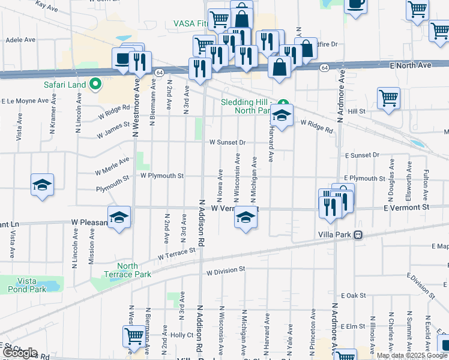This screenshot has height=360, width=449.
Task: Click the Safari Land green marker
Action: coord(94,85)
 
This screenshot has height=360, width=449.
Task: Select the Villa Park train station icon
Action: coord(358,235)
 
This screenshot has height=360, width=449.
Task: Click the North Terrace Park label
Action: coord(127,270)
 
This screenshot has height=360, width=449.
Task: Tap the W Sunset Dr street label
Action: coord(228,143)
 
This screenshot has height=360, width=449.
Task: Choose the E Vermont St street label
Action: coord(407,207)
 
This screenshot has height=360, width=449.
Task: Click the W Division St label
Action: coord(225,271)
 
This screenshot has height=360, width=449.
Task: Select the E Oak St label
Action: coord(353,296)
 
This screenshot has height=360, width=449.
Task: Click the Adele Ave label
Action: coord(20,40)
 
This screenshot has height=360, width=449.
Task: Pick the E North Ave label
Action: coord(410,65)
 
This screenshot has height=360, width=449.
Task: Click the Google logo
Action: coord(19,353)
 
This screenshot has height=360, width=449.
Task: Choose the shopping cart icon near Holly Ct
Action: coord(134,335)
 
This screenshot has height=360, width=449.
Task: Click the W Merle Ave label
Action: coord(112,166)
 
